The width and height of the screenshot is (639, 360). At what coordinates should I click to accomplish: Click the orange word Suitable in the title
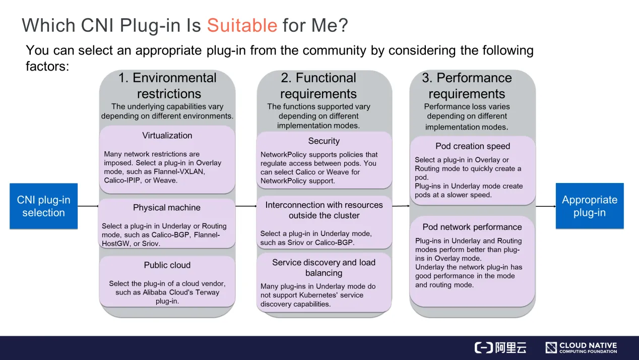click(242, 25)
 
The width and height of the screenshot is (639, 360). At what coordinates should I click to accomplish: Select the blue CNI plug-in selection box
click(44, 206)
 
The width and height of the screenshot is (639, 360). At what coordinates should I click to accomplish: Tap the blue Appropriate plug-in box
click(590, 206)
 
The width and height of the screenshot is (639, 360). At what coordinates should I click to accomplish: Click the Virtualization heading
click(167, 135)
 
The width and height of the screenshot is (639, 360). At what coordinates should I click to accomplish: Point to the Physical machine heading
click(167, 208)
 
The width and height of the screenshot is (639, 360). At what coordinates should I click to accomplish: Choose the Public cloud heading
click(167, 265)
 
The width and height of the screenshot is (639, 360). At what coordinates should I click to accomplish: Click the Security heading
click(324, 141)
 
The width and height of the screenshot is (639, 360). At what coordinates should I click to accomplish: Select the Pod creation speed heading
click(473, 146)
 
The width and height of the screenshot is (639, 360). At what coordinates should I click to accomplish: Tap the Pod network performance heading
click(472, 227)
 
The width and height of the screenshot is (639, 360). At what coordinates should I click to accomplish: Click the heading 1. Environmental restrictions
click(168, 86)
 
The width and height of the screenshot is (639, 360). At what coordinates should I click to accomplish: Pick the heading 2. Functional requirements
click(318, 86)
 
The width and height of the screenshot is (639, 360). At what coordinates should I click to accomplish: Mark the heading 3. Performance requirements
click(467, 86)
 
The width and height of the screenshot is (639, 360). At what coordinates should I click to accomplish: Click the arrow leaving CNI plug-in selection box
click(88, 206)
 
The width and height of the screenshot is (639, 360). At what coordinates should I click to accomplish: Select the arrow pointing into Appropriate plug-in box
click(546, 206)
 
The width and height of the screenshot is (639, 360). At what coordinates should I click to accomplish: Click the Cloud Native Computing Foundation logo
click(581, 348)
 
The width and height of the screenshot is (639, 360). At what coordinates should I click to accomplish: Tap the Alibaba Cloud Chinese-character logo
click(500, 348)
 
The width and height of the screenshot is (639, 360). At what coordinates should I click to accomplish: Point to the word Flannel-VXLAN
click(179, 171)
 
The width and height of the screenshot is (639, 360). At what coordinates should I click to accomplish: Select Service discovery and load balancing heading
click(324, 268)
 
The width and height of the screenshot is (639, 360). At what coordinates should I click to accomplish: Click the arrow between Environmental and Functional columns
click(246, 206)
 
